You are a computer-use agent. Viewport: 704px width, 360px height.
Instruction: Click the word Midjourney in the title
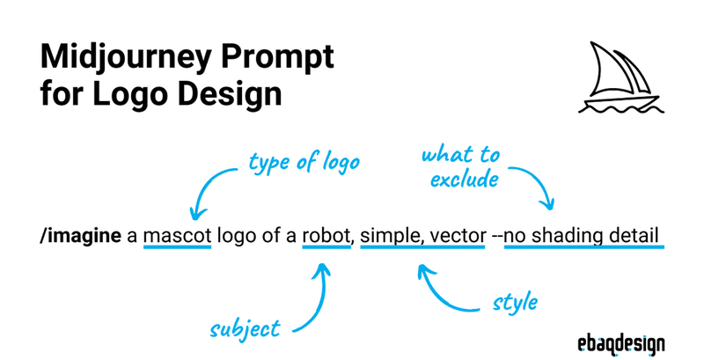(x=126, y=57)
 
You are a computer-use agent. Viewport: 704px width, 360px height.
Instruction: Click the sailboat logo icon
(x=621, y=77)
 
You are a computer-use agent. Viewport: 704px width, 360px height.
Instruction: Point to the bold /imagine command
(x=80, y=236)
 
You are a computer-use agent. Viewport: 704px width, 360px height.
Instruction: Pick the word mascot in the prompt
(x=178, y=236)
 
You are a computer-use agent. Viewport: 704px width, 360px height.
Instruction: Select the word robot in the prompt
(x=326, y=236)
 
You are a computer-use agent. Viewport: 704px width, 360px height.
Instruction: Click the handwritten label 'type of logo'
(x=304, y=163)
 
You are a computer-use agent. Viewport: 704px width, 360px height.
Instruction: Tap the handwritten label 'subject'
(x=246, y=329)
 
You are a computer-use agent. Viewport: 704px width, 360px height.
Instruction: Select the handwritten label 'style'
(x=515, y=303)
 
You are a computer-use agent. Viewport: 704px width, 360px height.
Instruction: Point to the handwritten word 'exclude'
(x=465, y=180)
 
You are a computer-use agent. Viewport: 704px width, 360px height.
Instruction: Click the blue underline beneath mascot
(x=178, y=246)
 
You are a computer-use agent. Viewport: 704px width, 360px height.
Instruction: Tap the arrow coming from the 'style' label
(x=436, y=294)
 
